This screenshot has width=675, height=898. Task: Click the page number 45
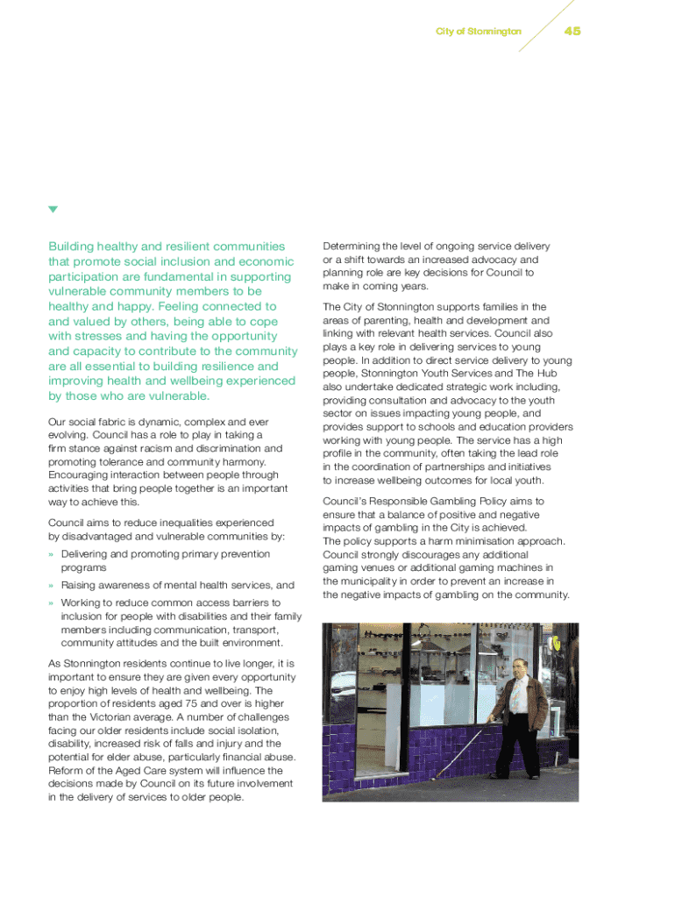click(x=572, y=31)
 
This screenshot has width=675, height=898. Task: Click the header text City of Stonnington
click(x=478, y=32)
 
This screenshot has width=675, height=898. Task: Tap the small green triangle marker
click(x=53, y=210)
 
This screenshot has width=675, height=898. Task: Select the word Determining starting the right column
click(x=353, y=246)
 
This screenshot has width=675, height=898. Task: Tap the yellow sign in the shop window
click(x=560, y=643)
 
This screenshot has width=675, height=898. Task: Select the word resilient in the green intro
click(x=160, y=246)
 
